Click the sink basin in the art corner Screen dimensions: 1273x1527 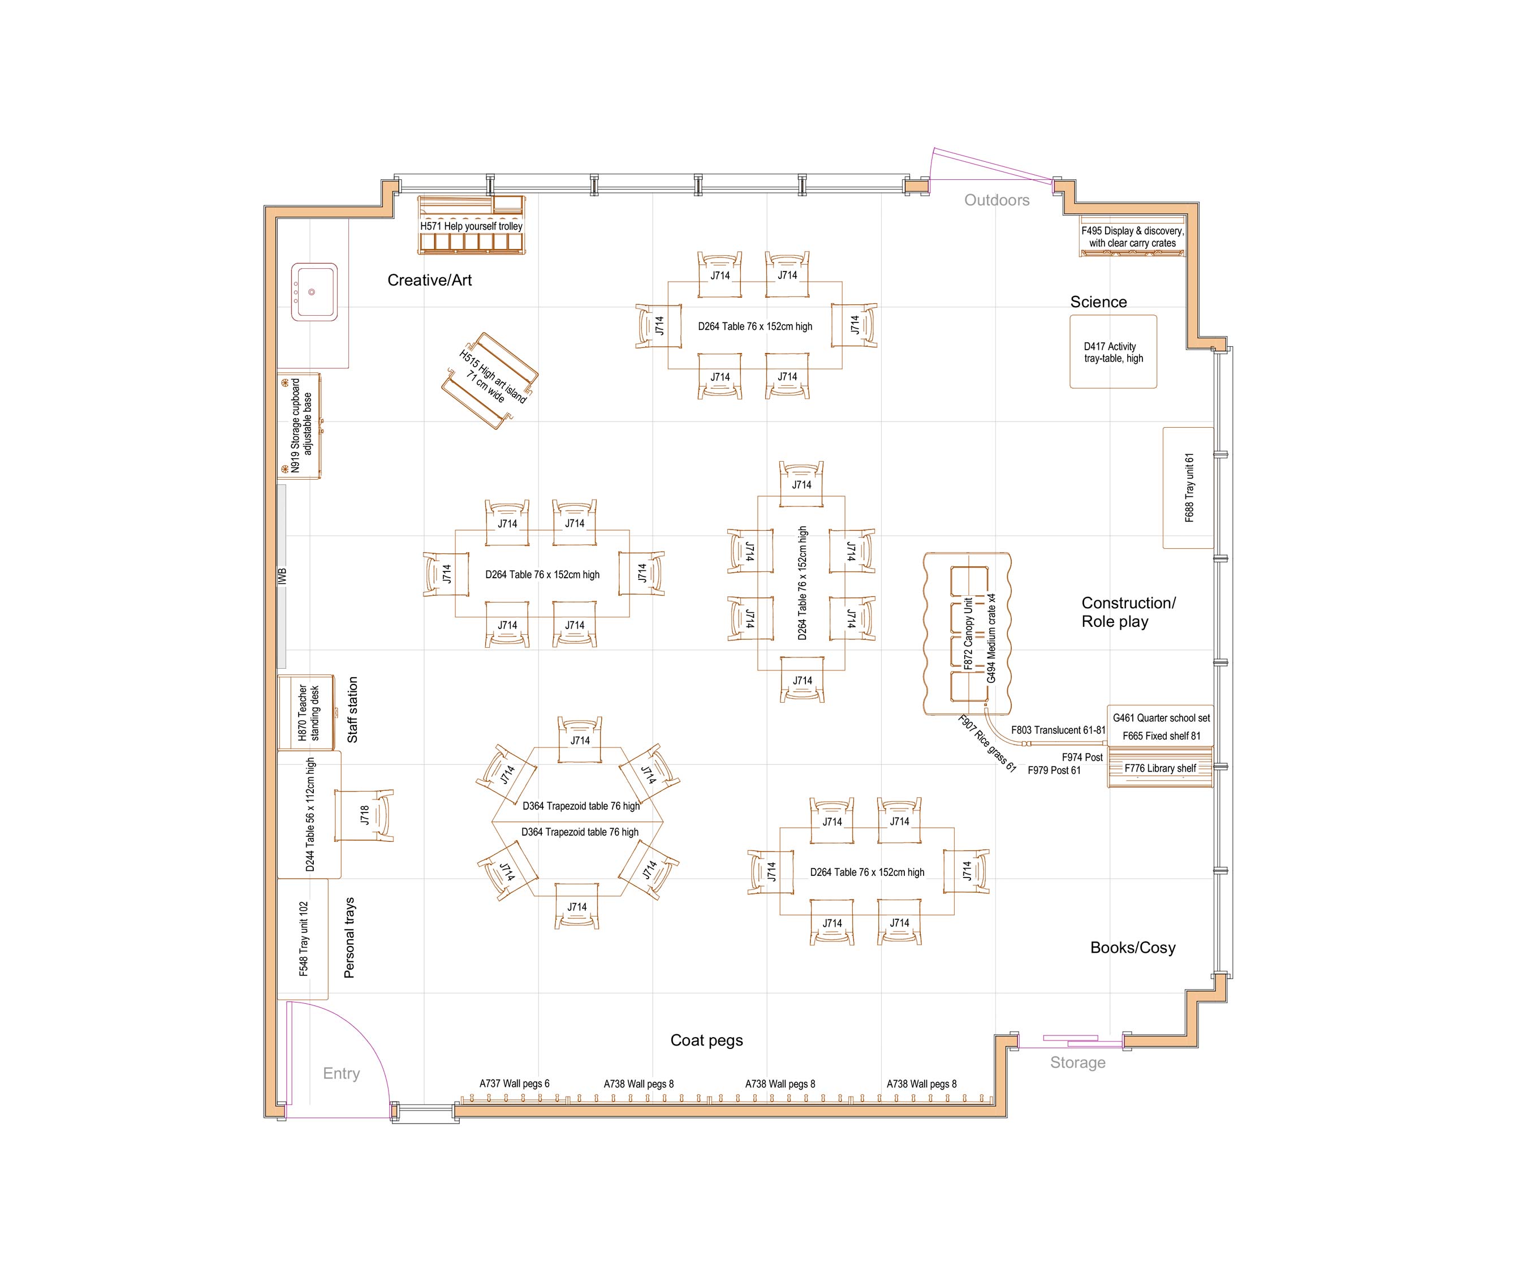click(313, 292)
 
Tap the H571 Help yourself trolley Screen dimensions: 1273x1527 click(471, 226)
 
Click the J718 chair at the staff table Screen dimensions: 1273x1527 click(365, 815)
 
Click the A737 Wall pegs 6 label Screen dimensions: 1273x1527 click(514, 1083)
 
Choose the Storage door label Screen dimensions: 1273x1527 click(1077, 1063)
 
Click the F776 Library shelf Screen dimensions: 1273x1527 click(1160, 768)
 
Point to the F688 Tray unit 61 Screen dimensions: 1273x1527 click(1189, 487)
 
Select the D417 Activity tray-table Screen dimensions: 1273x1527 click(1113, 352)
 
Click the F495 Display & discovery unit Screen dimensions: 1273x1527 click(1132, 236)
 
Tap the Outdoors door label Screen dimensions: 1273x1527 click(996, 200)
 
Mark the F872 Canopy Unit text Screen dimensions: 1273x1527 click(968, 634)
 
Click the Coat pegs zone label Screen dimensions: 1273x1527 click(706, 1040)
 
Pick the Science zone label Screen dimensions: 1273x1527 click(1098, 302)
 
